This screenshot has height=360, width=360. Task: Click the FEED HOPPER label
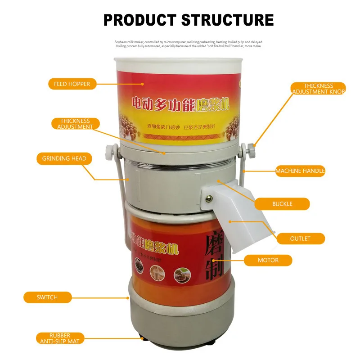(x=72, y=84)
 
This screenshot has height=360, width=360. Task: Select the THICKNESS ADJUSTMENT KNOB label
(x=318, y=89)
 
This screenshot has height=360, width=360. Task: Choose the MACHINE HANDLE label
(x=300, y=171)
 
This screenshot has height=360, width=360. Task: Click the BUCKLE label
(x=282, y=204)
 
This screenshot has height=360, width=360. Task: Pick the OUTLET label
(x=300, y=238)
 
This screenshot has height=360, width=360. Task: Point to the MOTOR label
(x=268, y=260)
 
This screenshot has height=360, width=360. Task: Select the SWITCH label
(x=47, y=297)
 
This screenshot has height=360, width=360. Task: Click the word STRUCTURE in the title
(x=228, y=20)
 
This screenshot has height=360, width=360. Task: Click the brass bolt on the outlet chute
(x=209, y=198)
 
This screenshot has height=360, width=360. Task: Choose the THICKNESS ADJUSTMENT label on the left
(x=75, y=124)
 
